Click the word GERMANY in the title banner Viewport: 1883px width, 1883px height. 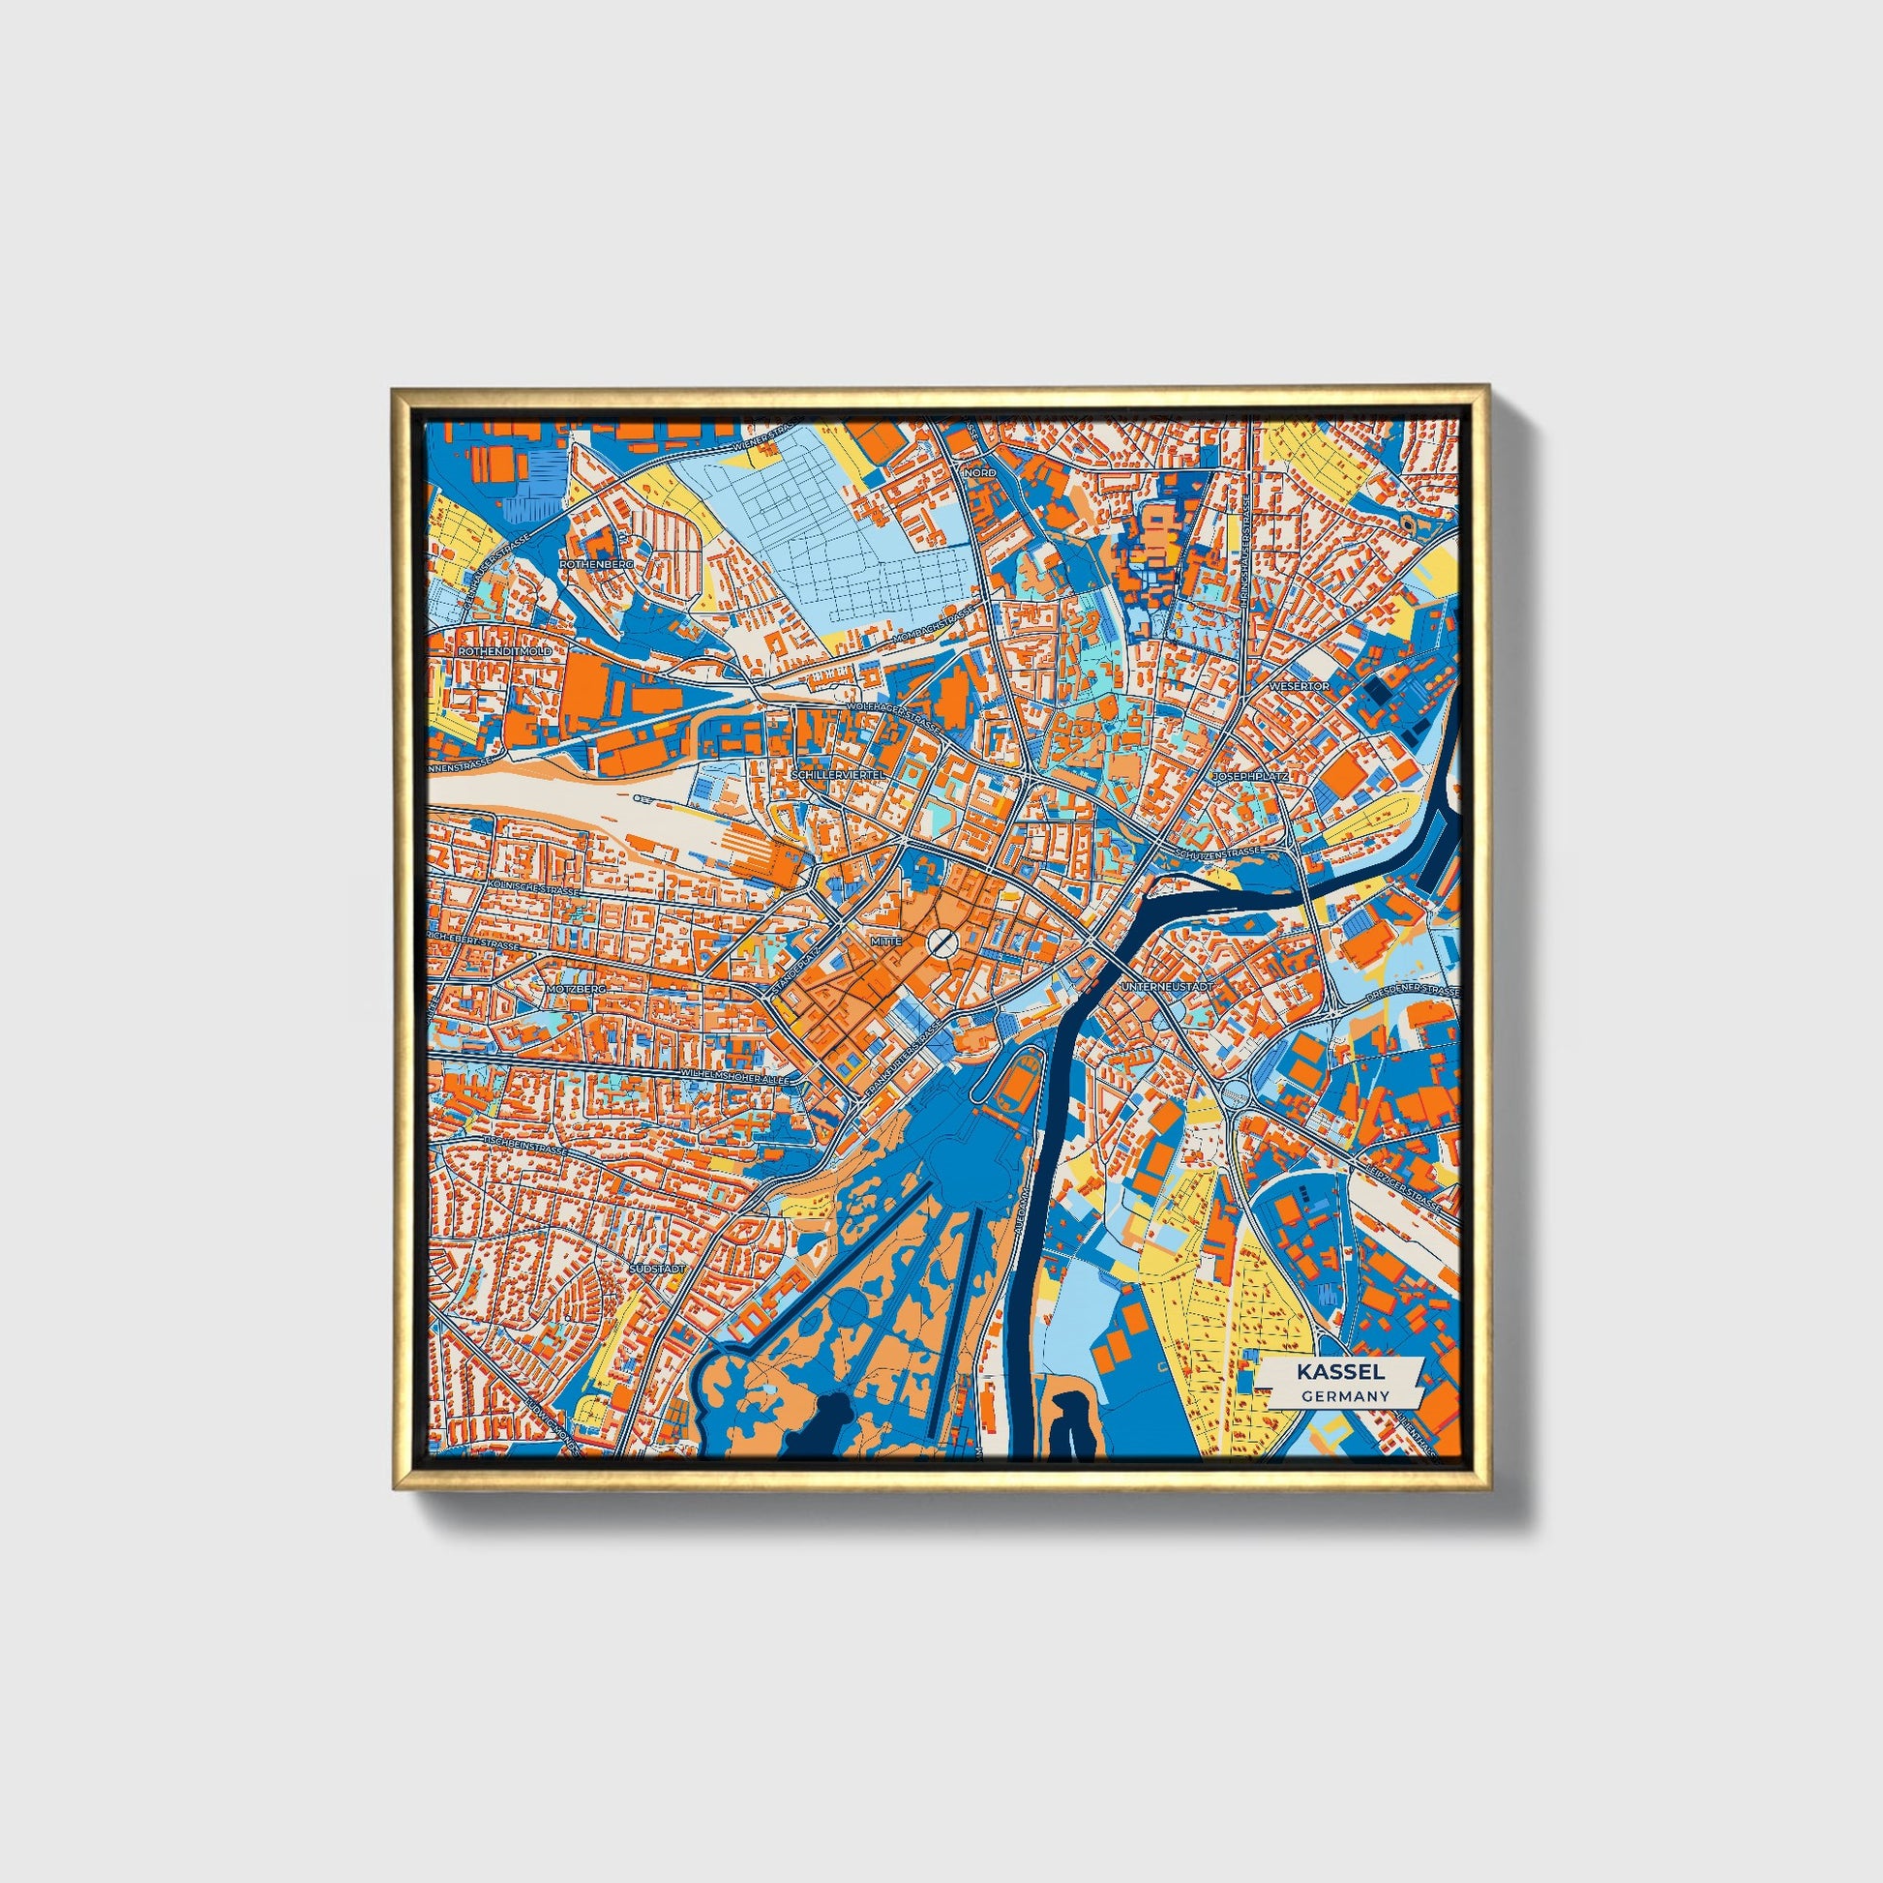[1344, 1395]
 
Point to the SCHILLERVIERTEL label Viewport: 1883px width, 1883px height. [839, 773]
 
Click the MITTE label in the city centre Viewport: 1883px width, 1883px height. [888, 941]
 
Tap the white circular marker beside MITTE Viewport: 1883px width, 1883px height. [941, 941]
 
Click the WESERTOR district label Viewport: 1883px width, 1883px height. [1300, 686]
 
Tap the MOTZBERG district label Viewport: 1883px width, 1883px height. [576, 988]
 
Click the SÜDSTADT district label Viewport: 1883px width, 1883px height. [659, 1269]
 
